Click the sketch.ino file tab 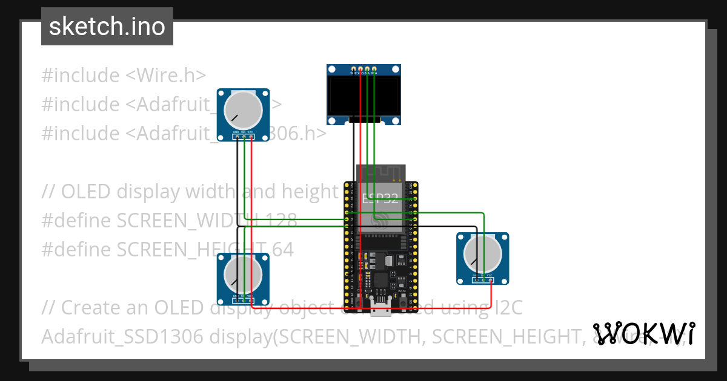point(107,27)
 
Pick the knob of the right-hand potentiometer point(482,253)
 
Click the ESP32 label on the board point(380,198)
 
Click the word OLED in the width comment point(86,192)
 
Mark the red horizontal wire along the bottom point(363,308)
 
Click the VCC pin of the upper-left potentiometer point(251,137)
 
